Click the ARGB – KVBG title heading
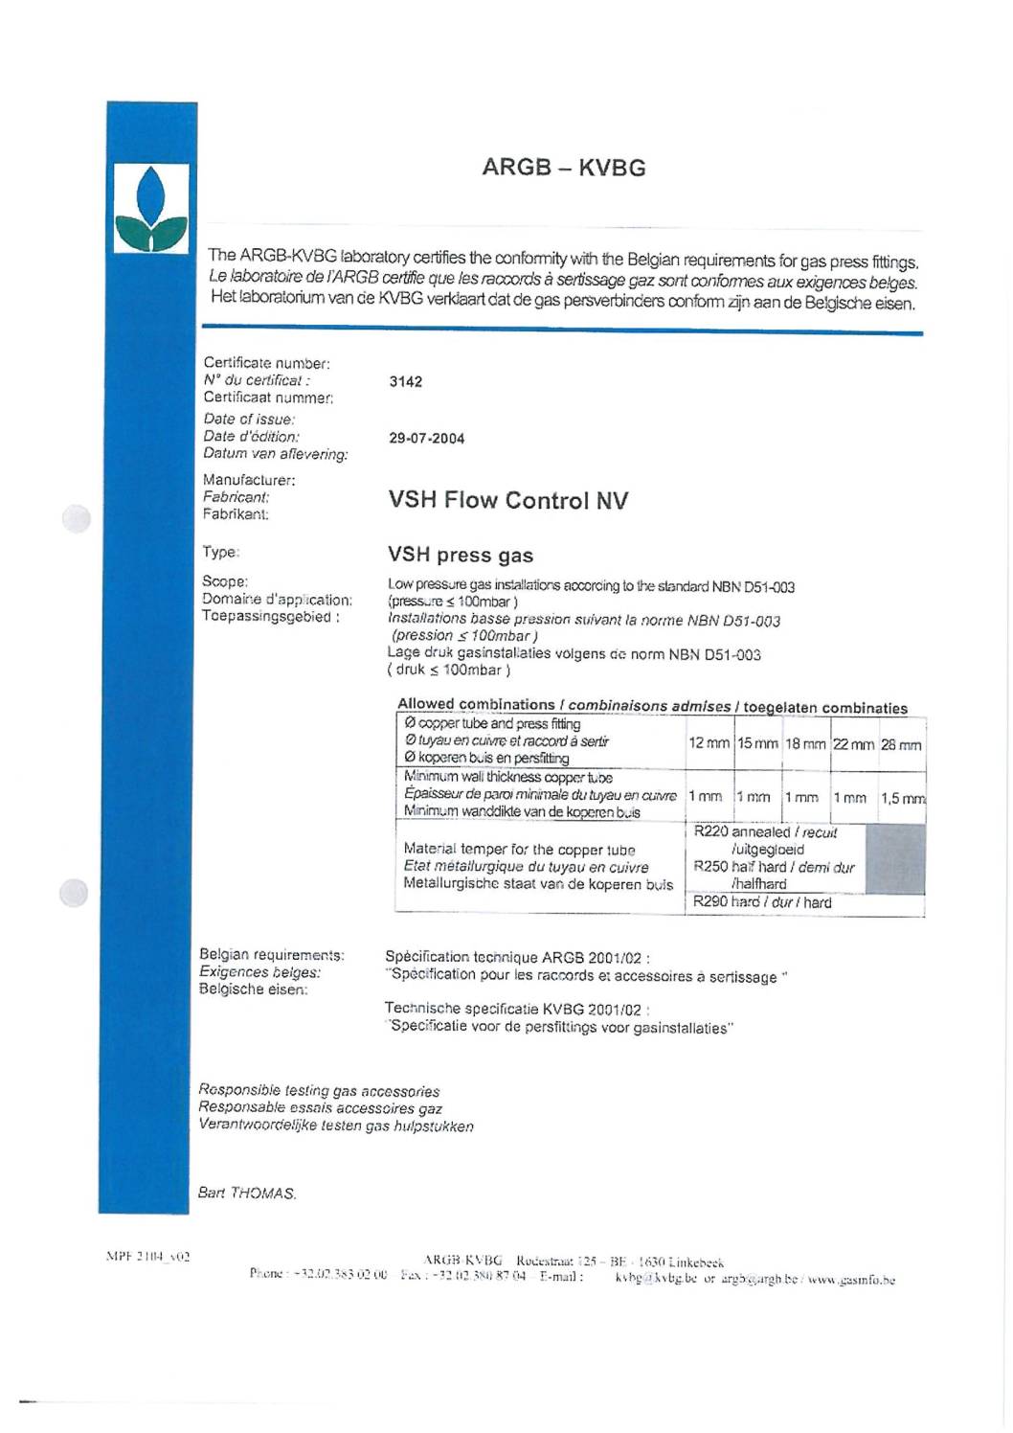coord(563,168)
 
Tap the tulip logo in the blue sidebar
coord(151,209)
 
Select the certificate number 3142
coord(405,381)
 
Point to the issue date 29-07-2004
coord(426,439)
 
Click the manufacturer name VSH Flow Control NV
coord(507,500)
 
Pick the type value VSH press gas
coord(461,556)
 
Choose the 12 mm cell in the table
coord(709,743)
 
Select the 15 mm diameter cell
coord(757,743)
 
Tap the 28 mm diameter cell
coord(901,744)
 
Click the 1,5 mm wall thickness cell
coord(902,798)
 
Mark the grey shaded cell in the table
coord(894,858)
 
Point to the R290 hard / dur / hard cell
coord(762,902)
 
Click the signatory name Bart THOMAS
coord(247,1194)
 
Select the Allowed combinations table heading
coord(652,706)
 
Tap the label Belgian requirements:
coord(272,955)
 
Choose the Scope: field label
coord(225,581)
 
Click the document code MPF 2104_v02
coord(147,1257)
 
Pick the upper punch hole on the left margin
coord(76,518)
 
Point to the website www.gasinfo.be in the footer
coord(851,1280)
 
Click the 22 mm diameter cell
coord(853,744)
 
